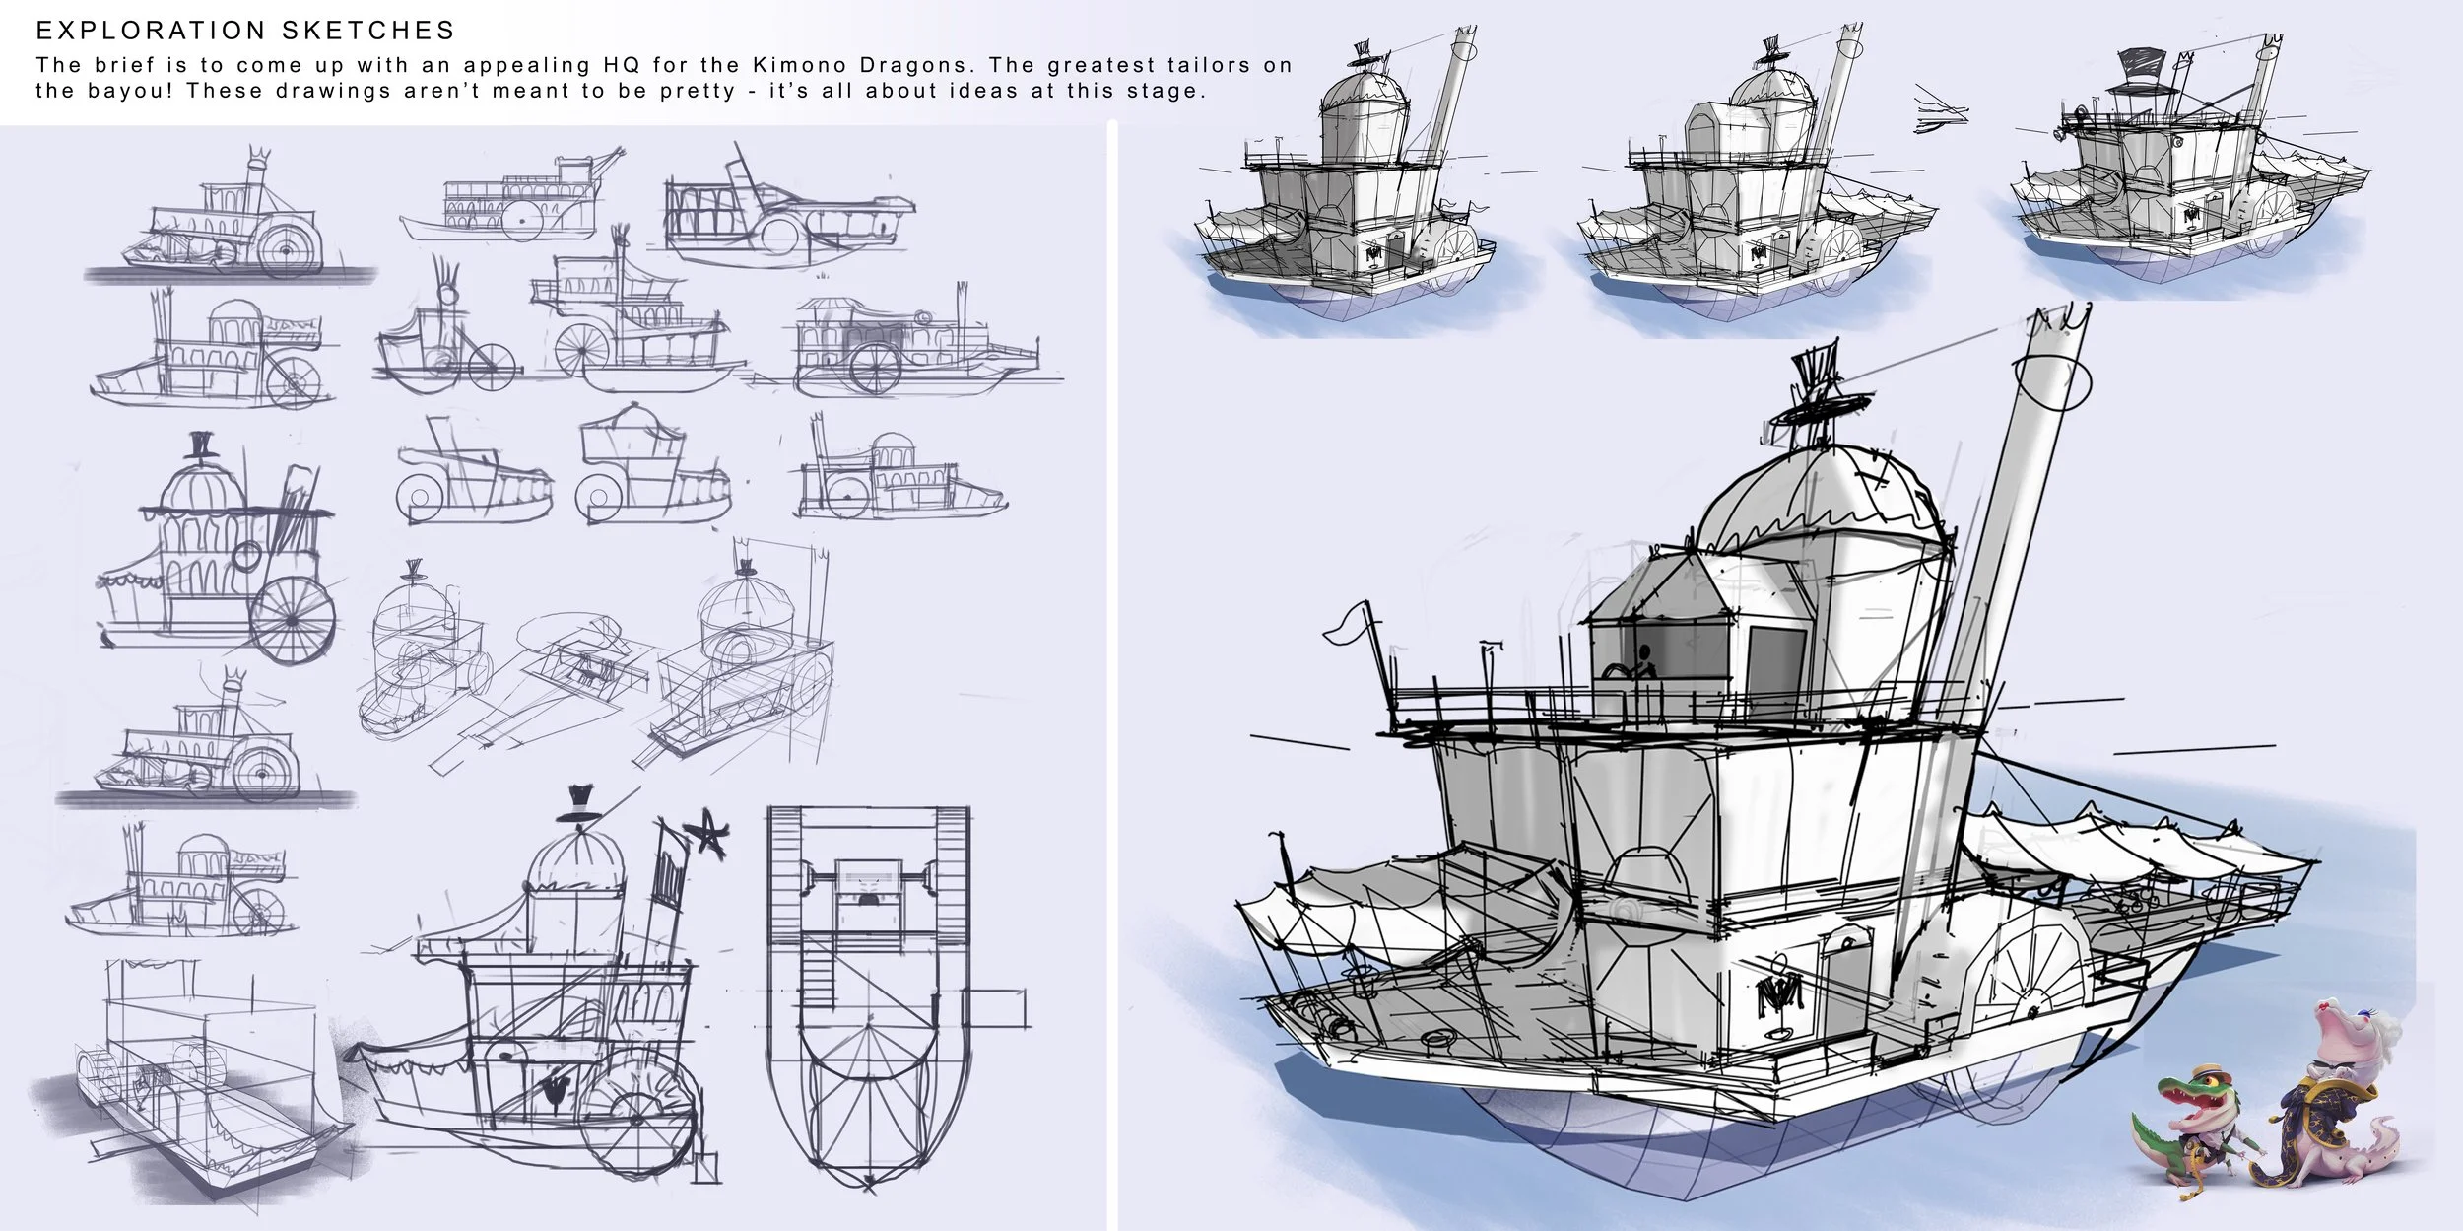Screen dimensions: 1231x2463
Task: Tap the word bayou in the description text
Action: (x=107, y=91)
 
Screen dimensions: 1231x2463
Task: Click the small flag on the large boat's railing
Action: (x=1347, y=623)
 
